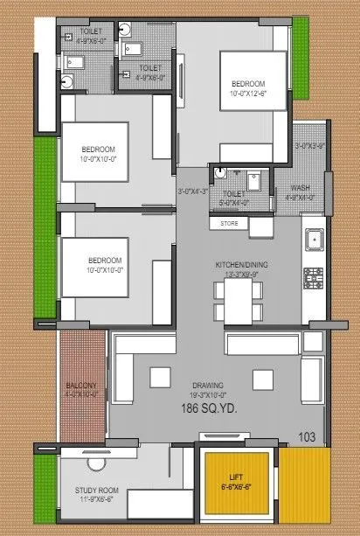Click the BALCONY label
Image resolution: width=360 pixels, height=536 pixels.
[x=84, y=385]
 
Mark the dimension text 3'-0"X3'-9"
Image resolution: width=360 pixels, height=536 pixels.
[x=310, y=146]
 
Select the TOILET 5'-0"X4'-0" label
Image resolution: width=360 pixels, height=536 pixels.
[x=234, y=198]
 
